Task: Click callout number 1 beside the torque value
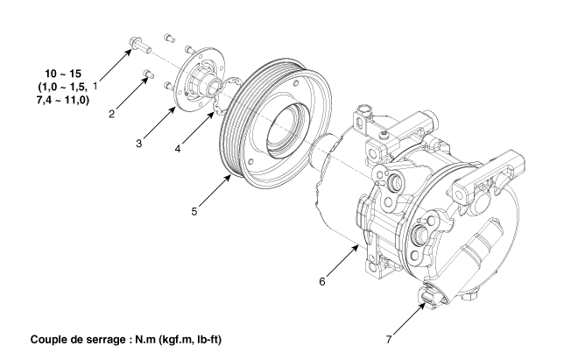(95, 88)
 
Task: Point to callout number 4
(178, 148)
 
